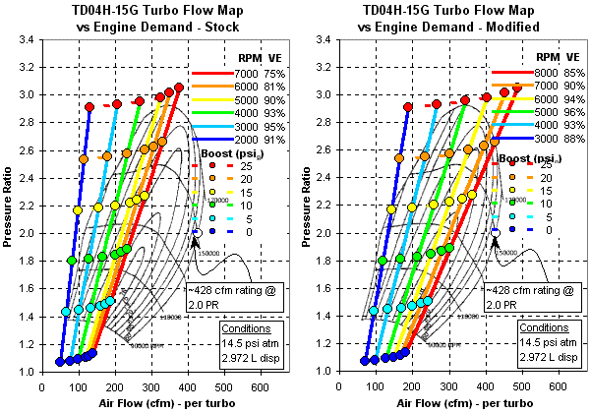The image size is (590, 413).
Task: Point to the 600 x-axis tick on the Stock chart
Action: (x=262, y=386)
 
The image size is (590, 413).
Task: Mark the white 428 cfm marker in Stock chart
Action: (x=198, y=232)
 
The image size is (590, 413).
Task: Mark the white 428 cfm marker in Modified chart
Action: (x=495, y=232)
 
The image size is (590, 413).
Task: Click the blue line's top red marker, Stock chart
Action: (x=89, y=107)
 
